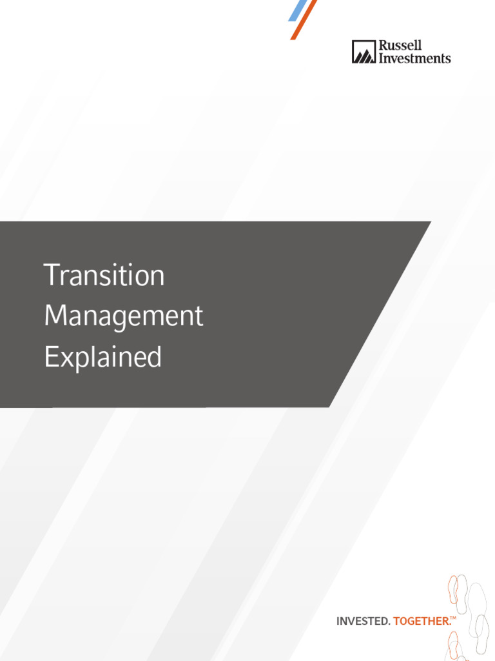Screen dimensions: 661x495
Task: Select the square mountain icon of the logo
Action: pos(363,52)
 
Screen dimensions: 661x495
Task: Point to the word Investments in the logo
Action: pos(414,58)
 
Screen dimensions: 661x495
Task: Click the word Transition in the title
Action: pos(104,276)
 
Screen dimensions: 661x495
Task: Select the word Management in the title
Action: pos(124,316)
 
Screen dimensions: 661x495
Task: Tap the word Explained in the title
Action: pos(102,357)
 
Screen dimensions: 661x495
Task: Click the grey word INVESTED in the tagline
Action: pos(363,621)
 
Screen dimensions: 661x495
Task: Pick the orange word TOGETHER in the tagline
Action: pos(421,621)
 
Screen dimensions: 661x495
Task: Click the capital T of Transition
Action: pos(51,276)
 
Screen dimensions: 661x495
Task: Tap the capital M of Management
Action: pos(55,316)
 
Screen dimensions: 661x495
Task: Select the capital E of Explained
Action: pos(50,357)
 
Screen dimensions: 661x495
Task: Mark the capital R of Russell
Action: pos(382,46)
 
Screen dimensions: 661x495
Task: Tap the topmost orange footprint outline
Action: pos(454,588)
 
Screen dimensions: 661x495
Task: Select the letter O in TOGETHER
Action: pos(403,621)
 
